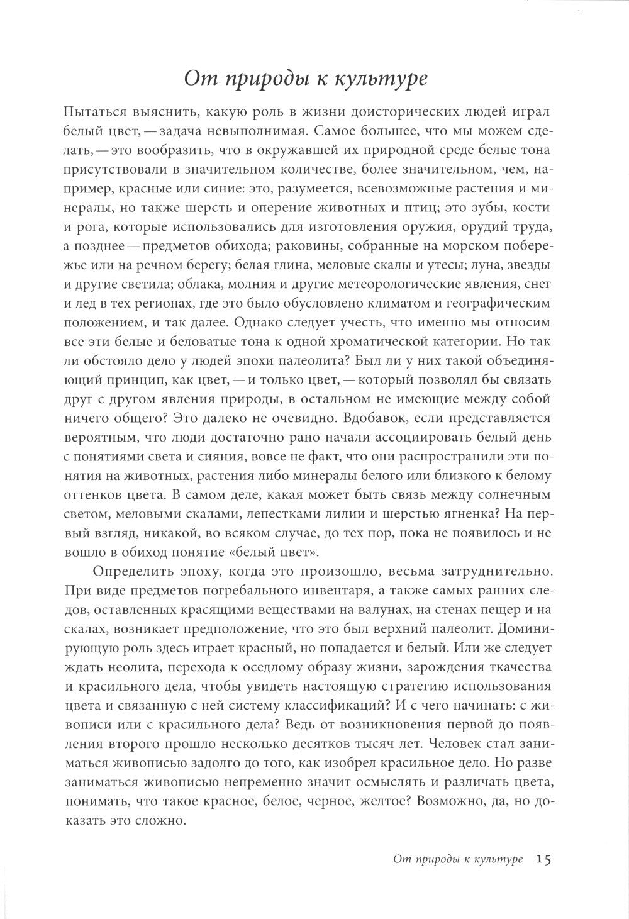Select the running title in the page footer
(457, 859)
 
